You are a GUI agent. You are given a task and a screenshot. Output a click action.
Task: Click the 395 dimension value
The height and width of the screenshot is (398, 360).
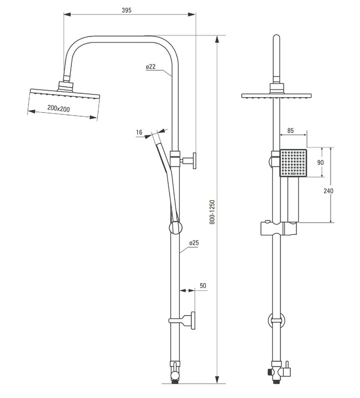127,10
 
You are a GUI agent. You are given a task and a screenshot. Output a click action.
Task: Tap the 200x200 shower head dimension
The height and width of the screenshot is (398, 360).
59,109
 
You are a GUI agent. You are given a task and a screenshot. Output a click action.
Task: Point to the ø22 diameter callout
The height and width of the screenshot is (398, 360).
150,67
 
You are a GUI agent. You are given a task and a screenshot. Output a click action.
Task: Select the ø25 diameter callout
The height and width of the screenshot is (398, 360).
194,243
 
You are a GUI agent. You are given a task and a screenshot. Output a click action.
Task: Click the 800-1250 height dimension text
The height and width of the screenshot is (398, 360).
212,212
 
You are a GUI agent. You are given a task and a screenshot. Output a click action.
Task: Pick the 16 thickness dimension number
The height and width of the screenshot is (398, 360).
139,132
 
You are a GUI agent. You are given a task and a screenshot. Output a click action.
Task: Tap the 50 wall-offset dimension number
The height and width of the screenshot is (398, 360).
203,286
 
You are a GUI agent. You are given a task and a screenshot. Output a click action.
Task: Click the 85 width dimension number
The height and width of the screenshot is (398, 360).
290,130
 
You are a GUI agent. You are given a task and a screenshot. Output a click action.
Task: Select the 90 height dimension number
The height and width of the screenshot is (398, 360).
321,162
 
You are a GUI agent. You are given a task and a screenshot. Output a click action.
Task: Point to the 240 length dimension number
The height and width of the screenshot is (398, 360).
328,191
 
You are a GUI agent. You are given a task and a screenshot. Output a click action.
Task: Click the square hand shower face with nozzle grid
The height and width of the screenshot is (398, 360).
293,163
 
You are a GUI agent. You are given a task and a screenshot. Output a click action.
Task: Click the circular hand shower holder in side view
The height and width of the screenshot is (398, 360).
175,228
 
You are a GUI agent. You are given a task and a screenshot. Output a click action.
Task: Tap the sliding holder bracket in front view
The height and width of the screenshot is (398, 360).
279,228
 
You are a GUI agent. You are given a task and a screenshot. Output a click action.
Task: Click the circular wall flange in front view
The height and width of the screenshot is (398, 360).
276,321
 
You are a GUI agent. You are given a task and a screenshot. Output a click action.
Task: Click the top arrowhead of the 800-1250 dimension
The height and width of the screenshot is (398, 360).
217,39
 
